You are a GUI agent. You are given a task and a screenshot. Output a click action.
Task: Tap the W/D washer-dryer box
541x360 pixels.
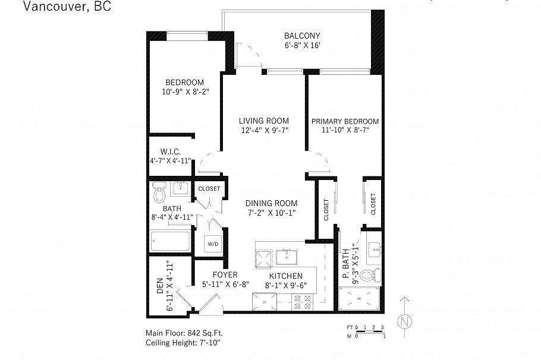[212, 243]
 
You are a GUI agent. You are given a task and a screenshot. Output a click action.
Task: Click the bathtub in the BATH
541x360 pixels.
[170, 242]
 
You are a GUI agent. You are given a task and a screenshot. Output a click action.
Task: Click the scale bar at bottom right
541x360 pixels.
[366, 331]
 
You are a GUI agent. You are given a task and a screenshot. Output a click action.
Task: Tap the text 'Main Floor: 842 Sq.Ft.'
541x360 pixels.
[184, 333]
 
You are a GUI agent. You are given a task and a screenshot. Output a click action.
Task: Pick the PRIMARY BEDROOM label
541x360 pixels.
[345, 121]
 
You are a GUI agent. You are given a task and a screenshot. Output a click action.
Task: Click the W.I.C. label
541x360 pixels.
[170, 152]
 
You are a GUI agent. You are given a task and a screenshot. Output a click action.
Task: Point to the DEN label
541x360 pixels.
[160, 288]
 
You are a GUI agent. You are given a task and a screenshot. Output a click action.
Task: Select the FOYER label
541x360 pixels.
[225, 275]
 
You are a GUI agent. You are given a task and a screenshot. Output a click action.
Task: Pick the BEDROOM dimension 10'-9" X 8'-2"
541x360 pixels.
[184, 91]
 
